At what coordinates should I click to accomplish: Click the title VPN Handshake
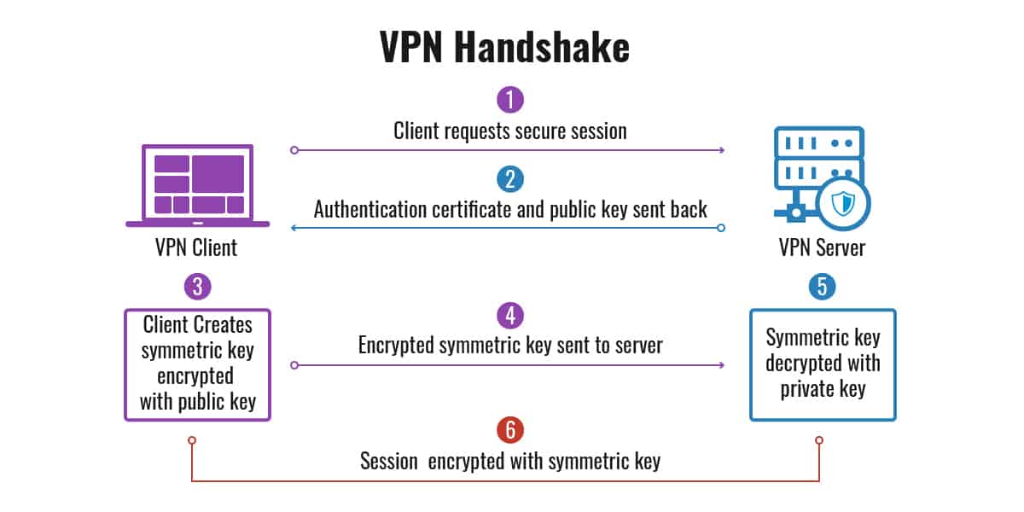pos(504,47)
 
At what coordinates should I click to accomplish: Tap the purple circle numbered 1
pos(510,100)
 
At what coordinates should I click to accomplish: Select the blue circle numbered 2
pos(510,179)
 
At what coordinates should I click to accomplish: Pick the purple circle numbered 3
pos(197,287)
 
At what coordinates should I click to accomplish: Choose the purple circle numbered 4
pos(510,316)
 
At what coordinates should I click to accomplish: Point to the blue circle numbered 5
pos(822,287)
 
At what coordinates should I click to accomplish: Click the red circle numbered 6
pos(510,430)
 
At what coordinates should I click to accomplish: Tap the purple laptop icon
pos(197,186)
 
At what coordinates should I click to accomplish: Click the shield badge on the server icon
pos(843,203)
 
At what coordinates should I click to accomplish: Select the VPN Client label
pos(196,247)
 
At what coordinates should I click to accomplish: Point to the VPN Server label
pos(822,247)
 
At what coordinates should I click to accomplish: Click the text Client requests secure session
pos(510,131)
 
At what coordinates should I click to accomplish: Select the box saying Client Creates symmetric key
pos(197,365)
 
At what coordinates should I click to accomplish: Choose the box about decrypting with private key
pos(823,365)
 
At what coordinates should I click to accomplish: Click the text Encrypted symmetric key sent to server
pos(510,345)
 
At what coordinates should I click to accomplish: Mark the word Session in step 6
pos(388,461)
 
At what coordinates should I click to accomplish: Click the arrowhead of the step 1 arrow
pos(722,150)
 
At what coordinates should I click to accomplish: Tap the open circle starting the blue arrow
pos(721,228)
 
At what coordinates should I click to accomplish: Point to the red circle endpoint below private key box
pos(819,440)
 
